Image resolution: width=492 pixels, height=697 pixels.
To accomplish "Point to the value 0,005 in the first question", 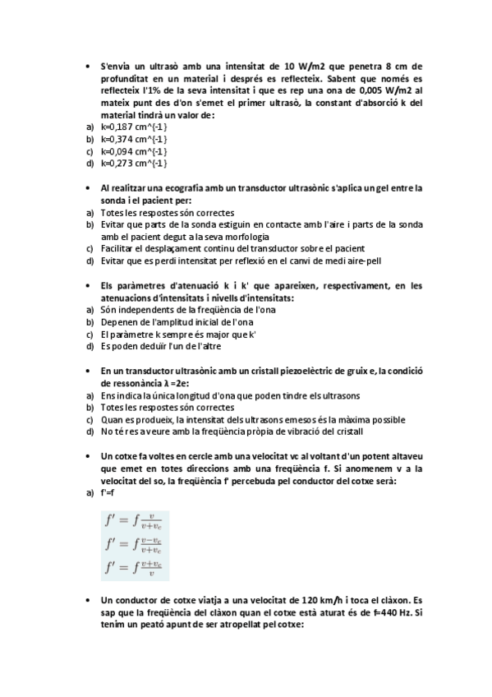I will pyautogui.click(x=357, y=91).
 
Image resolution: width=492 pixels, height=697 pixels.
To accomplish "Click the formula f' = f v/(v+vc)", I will pyautogui.click(x=133, y=521).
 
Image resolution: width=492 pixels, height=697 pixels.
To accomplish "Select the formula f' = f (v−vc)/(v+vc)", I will pyautogui.click(x=133, y=544).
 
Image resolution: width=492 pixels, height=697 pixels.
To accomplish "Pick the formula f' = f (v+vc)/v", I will pyautogui.click(x=133, y=567).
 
